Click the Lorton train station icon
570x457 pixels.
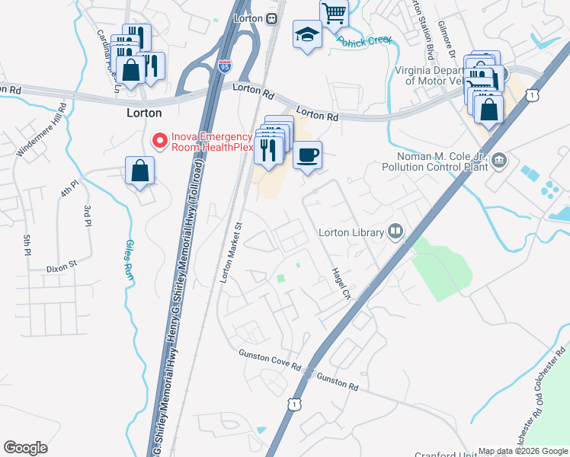pos(271,18)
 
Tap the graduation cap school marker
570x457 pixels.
pos(307,35)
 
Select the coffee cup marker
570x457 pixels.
pos(307,156)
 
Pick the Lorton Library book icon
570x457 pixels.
pos(395,231)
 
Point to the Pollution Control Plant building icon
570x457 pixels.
pos(500,159)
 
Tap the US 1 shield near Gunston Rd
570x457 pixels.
pos(293,406)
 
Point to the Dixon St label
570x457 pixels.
pos(62,267)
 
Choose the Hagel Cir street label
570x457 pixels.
pos(340,283)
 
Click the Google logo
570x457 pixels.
pos(25,448)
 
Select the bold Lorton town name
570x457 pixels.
pos(143,113)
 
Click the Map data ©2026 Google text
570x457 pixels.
pos(522,451)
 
